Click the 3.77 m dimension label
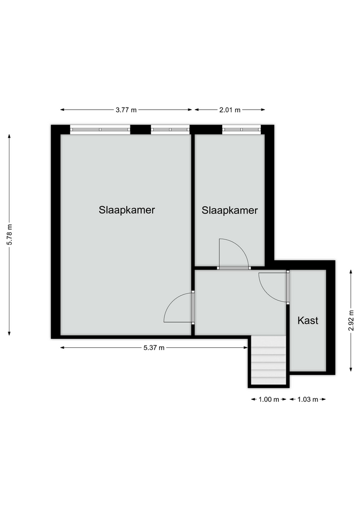[126, 110]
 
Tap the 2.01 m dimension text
[230, 110]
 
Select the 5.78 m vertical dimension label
[10, 235]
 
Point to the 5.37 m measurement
[154, 348]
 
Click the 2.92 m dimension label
[351, 320]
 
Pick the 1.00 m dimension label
[269, 399]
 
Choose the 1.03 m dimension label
[308, 399]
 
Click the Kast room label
[308, 320]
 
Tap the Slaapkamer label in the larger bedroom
[127, 210]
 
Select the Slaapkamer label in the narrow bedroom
[230, 210]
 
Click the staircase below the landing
[269, 361]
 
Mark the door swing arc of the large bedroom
[170, 303]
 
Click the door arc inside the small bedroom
[241, 247]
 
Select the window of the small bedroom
[242, 129]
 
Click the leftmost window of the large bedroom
[100, 129]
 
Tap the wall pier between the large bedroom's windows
[141, 129]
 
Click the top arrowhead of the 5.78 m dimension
[10, 136]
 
